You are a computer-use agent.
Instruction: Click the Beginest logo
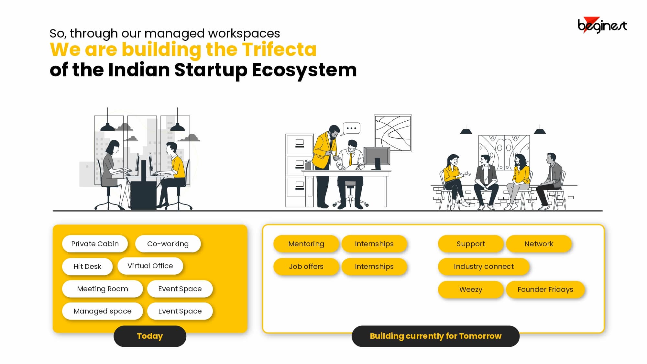coord(602,25)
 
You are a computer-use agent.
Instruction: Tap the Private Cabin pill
coord(95,244)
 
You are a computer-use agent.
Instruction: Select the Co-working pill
coord(168,244)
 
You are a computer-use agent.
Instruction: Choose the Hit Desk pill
coord(87,266)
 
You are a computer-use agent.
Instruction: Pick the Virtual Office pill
coord(150,266)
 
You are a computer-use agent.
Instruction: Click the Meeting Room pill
coord(102,289)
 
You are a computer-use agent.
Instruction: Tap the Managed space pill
coord(102,311)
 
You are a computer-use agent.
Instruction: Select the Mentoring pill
coord(306,244)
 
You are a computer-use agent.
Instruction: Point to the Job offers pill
coord(306,266)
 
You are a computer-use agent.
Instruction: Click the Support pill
coord(471,244)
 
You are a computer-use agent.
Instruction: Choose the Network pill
coord(539,244)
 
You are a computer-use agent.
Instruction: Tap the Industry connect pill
coord(484,266)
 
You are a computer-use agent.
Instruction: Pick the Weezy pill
coord(471,289)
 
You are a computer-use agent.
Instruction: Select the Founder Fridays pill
coord(545,289)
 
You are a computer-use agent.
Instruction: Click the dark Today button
coord(150,336)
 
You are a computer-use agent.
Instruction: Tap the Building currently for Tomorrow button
coord(435,336)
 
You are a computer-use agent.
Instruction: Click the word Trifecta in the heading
coord(279,50)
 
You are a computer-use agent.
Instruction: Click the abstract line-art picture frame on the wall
coord(393,133)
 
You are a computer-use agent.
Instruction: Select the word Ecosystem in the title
coord(304,71)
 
